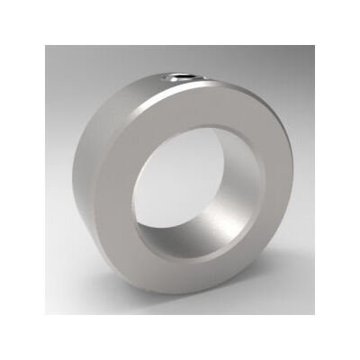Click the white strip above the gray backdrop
coord(180,22)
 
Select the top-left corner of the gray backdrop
coord(46,46)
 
